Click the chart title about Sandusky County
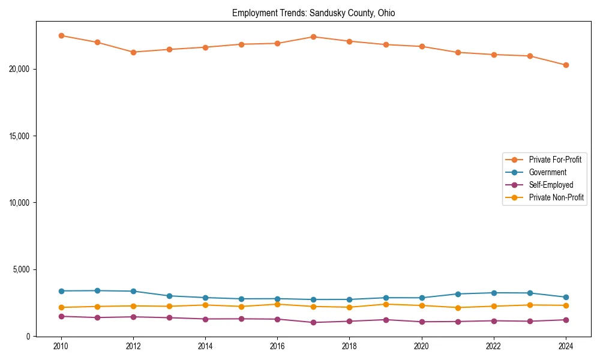(313, 13)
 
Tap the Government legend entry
(547, 172)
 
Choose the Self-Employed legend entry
(551, 185)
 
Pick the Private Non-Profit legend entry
(556, 197)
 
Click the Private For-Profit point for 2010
(61, 35)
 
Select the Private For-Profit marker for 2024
(566, 65)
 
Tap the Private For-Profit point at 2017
(313, 37)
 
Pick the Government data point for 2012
(133, 291)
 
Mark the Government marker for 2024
(566, 297)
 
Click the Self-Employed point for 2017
(313, 322)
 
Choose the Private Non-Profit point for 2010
(61, 307)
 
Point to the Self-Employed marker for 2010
(61, 316)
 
